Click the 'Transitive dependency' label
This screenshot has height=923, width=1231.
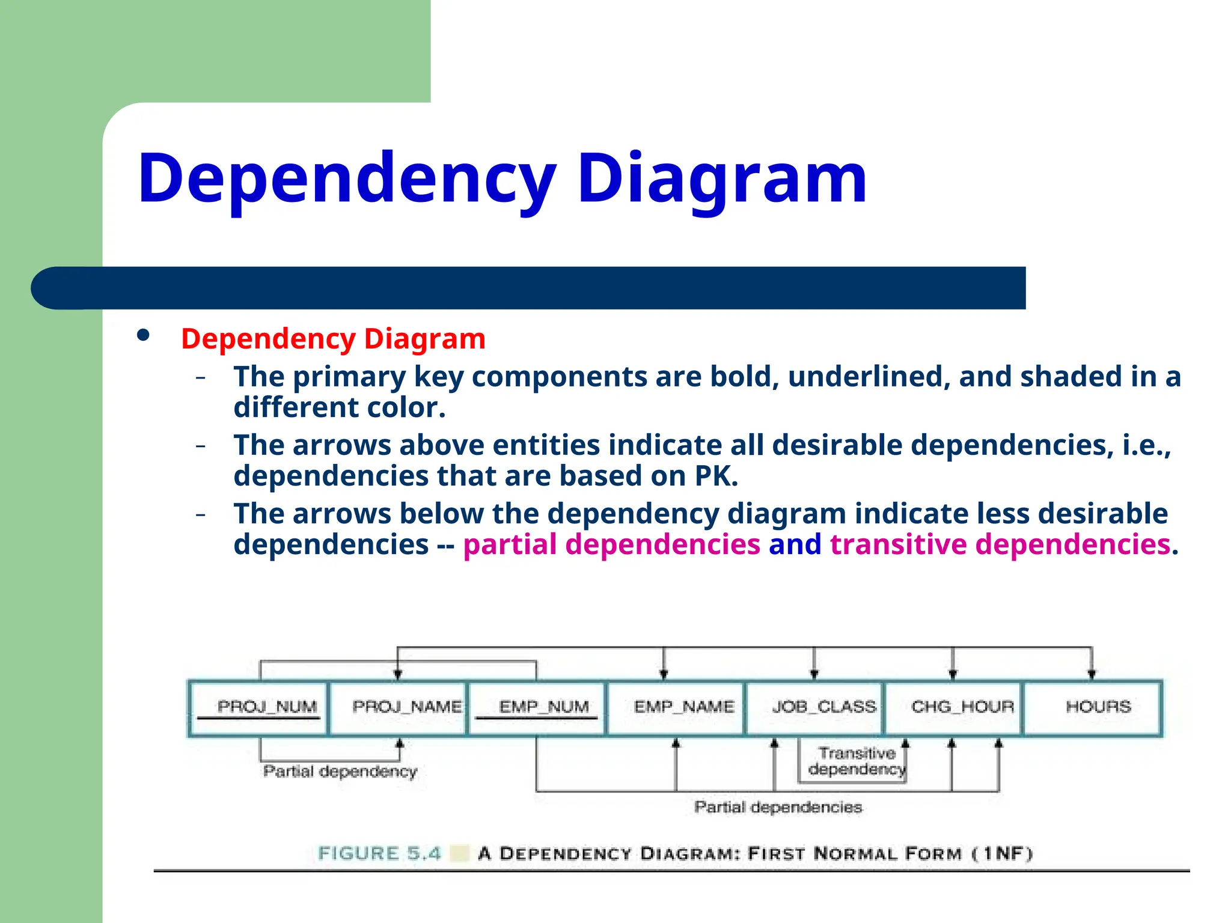tap(856, 761)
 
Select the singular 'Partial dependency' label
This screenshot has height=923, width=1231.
tap(340, 772)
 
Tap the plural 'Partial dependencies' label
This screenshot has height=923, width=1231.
tap(778, 807)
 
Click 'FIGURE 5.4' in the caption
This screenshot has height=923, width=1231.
tap(379, 853)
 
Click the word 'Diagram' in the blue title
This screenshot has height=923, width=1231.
tap(722, 178)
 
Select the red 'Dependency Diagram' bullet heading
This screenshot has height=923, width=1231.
tap(333, 339)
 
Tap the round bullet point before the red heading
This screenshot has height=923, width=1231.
tap(143, 335)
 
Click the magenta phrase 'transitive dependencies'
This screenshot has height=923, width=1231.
tap(1000, 544)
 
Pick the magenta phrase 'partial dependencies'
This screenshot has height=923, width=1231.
tap(611, 544)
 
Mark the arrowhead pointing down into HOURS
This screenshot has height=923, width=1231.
tap(1092, 674)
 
